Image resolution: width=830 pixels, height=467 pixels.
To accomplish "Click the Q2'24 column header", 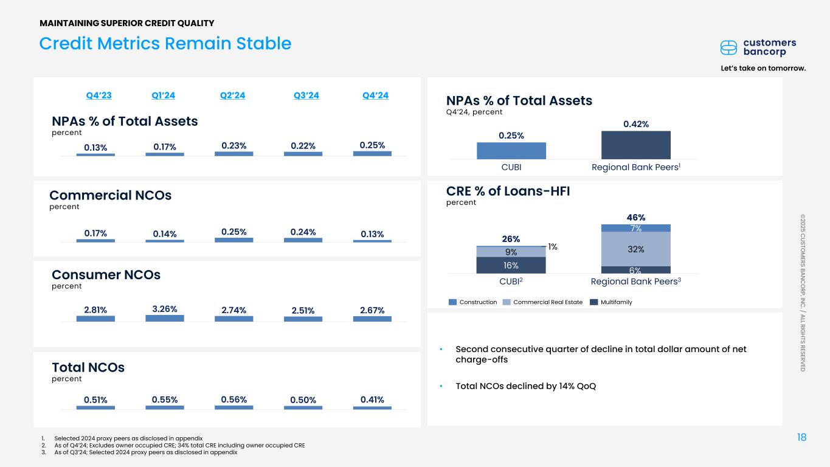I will coord(232,95).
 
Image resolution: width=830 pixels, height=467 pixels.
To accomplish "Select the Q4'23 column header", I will coord(99,95).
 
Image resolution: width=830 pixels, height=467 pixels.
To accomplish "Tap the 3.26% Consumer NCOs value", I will coord(165,309).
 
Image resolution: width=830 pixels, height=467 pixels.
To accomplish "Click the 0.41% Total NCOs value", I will coord(372,400).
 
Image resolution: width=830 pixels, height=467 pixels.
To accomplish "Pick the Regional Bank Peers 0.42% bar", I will coord(635,145).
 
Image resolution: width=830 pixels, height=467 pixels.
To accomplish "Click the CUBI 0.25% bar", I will coord(511,151).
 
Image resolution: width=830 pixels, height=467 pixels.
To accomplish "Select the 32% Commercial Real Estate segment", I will coord(635,249).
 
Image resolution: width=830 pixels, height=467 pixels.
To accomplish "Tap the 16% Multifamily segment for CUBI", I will coord(511,265).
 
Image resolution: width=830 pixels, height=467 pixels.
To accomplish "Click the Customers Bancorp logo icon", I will coord(728,47).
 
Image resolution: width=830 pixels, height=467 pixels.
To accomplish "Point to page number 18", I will coord(801,438).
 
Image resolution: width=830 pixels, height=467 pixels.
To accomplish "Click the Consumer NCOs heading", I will coord(106,275).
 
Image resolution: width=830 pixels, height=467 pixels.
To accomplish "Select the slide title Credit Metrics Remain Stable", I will coord(165,44).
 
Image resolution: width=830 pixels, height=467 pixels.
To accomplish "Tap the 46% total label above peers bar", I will coord(635,217).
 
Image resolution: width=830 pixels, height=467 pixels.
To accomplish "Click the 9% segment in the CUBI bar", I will coord(511,251).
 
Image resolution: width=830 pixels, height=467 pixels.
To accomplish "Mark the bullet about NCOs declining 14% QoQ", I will coord(525,386).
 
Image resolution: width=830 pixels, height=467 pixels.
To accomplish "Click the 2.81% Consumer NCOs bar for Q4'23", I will coord(95,319).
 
